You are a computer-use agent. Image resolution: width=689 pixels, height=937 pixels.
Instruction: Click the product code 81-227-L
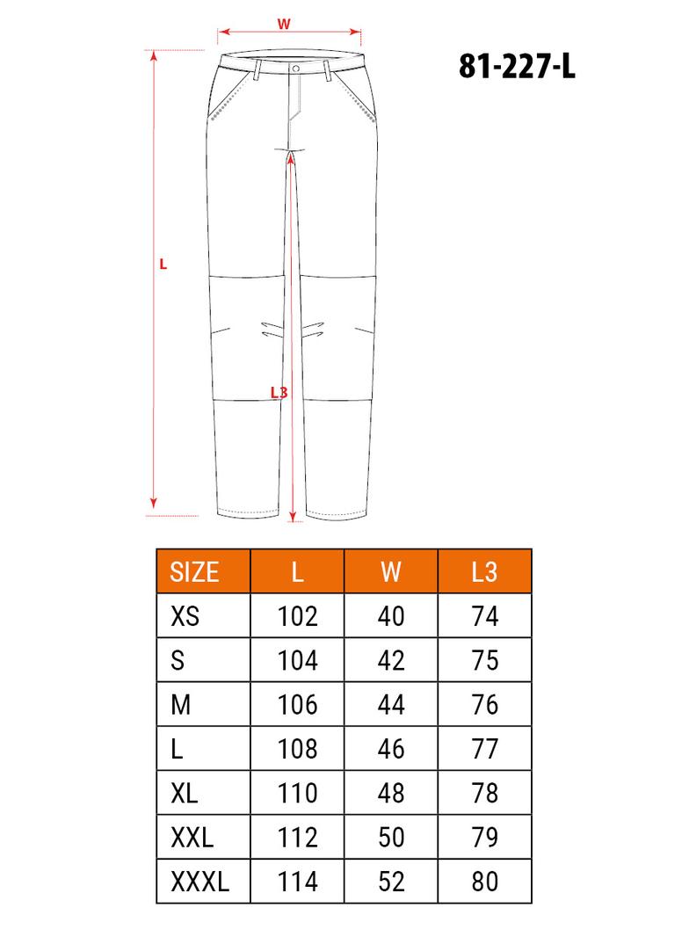click(517, 66)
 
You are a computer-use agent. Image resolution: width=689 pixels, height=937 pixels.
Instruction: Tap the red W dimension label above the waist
click(284, 24)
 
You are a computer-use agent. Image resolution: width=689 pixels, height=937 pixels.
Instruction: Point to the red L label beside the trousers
click(163, 264)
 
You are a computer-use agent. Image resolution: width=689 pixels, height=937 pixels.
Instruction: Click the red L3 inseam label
click(279, 392)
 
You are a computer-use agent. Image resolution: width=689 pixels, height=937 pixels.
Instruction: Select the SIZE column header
click(194, 572)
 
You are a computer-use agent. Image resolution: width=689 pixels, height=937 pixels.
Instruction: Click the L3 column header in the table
click(484, 572)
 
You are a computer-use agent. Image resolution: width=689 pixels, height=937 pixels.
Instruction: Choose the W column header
click(391, 572)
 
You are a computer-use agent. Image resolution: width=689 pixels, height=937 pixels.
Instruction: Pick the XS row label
click(185, 616)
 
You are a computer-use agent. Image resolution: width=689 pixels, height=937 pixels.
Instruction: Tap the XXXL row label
click(200, 882)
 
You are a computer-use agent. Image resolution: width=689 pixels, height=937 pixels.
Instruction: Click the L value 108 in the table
click(298, 749)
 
